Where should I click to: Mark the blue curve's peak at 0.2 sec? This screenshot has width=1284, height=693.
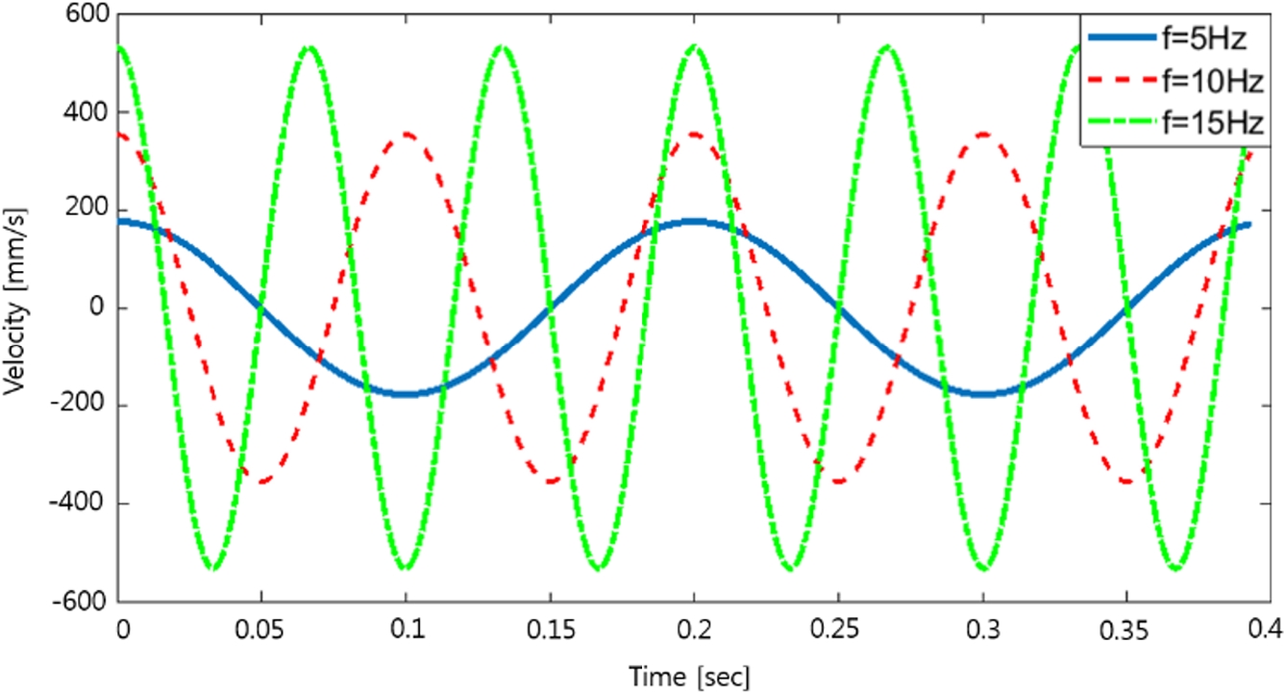(694, 222)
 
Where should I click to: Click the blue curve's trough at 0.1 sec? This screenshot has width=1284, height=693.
(407, 394)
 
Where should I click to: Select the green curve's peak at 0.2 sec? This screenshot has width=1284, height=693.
(694, 46)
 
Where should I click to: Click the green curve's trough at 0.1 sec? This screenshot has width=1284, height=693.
(407, 568)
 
